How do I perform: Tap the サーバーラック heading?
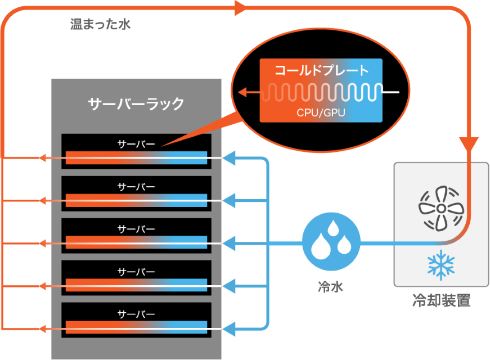(x=136, y=104)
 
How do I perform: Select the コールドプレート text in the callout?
(x=321, y=71)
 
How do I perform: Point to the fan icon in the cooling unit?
(x=441, y=208)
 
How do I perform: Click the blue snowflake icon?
(x=441, y=264)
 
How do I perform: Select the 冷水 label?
(x=331, y=288)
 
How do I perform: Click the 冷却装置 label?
(x=441, y=301)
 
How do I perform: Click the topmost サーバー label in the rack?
(x=136, y=143)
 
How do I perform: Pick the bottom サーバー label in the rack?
(x=136, y=313)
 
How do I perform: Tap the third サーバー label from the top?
(x=136, y=229)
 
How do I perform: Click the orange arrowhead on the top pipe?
(x=241, y=7)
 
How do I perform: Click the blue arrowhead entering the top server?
(x=230, y=159)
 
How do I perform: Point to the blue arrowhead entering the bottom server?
(x=230, y=328)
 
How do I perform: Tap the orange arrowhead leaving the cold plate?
(x=242, y=92)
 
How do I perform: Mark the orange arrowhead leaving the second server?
(x=42, y=201)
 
